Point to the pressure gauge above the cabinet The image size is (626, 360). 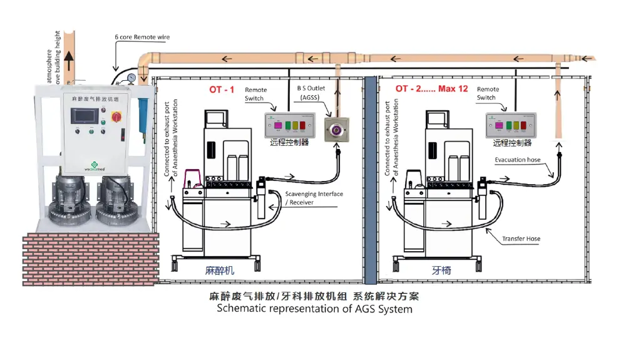coord(131,78)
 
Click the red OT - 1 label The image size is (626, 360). coord(222,90)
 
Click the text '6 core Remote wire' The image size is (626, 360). coord(142,38)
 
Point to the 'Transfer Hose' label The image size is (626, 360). coord(521,239)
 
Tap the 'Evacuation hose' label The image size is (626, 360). coord(517,160)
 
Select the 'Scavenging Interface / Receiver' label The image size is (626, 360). coord(313,198)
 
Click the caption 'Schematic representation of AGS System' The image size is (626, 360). coord(314,309)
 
